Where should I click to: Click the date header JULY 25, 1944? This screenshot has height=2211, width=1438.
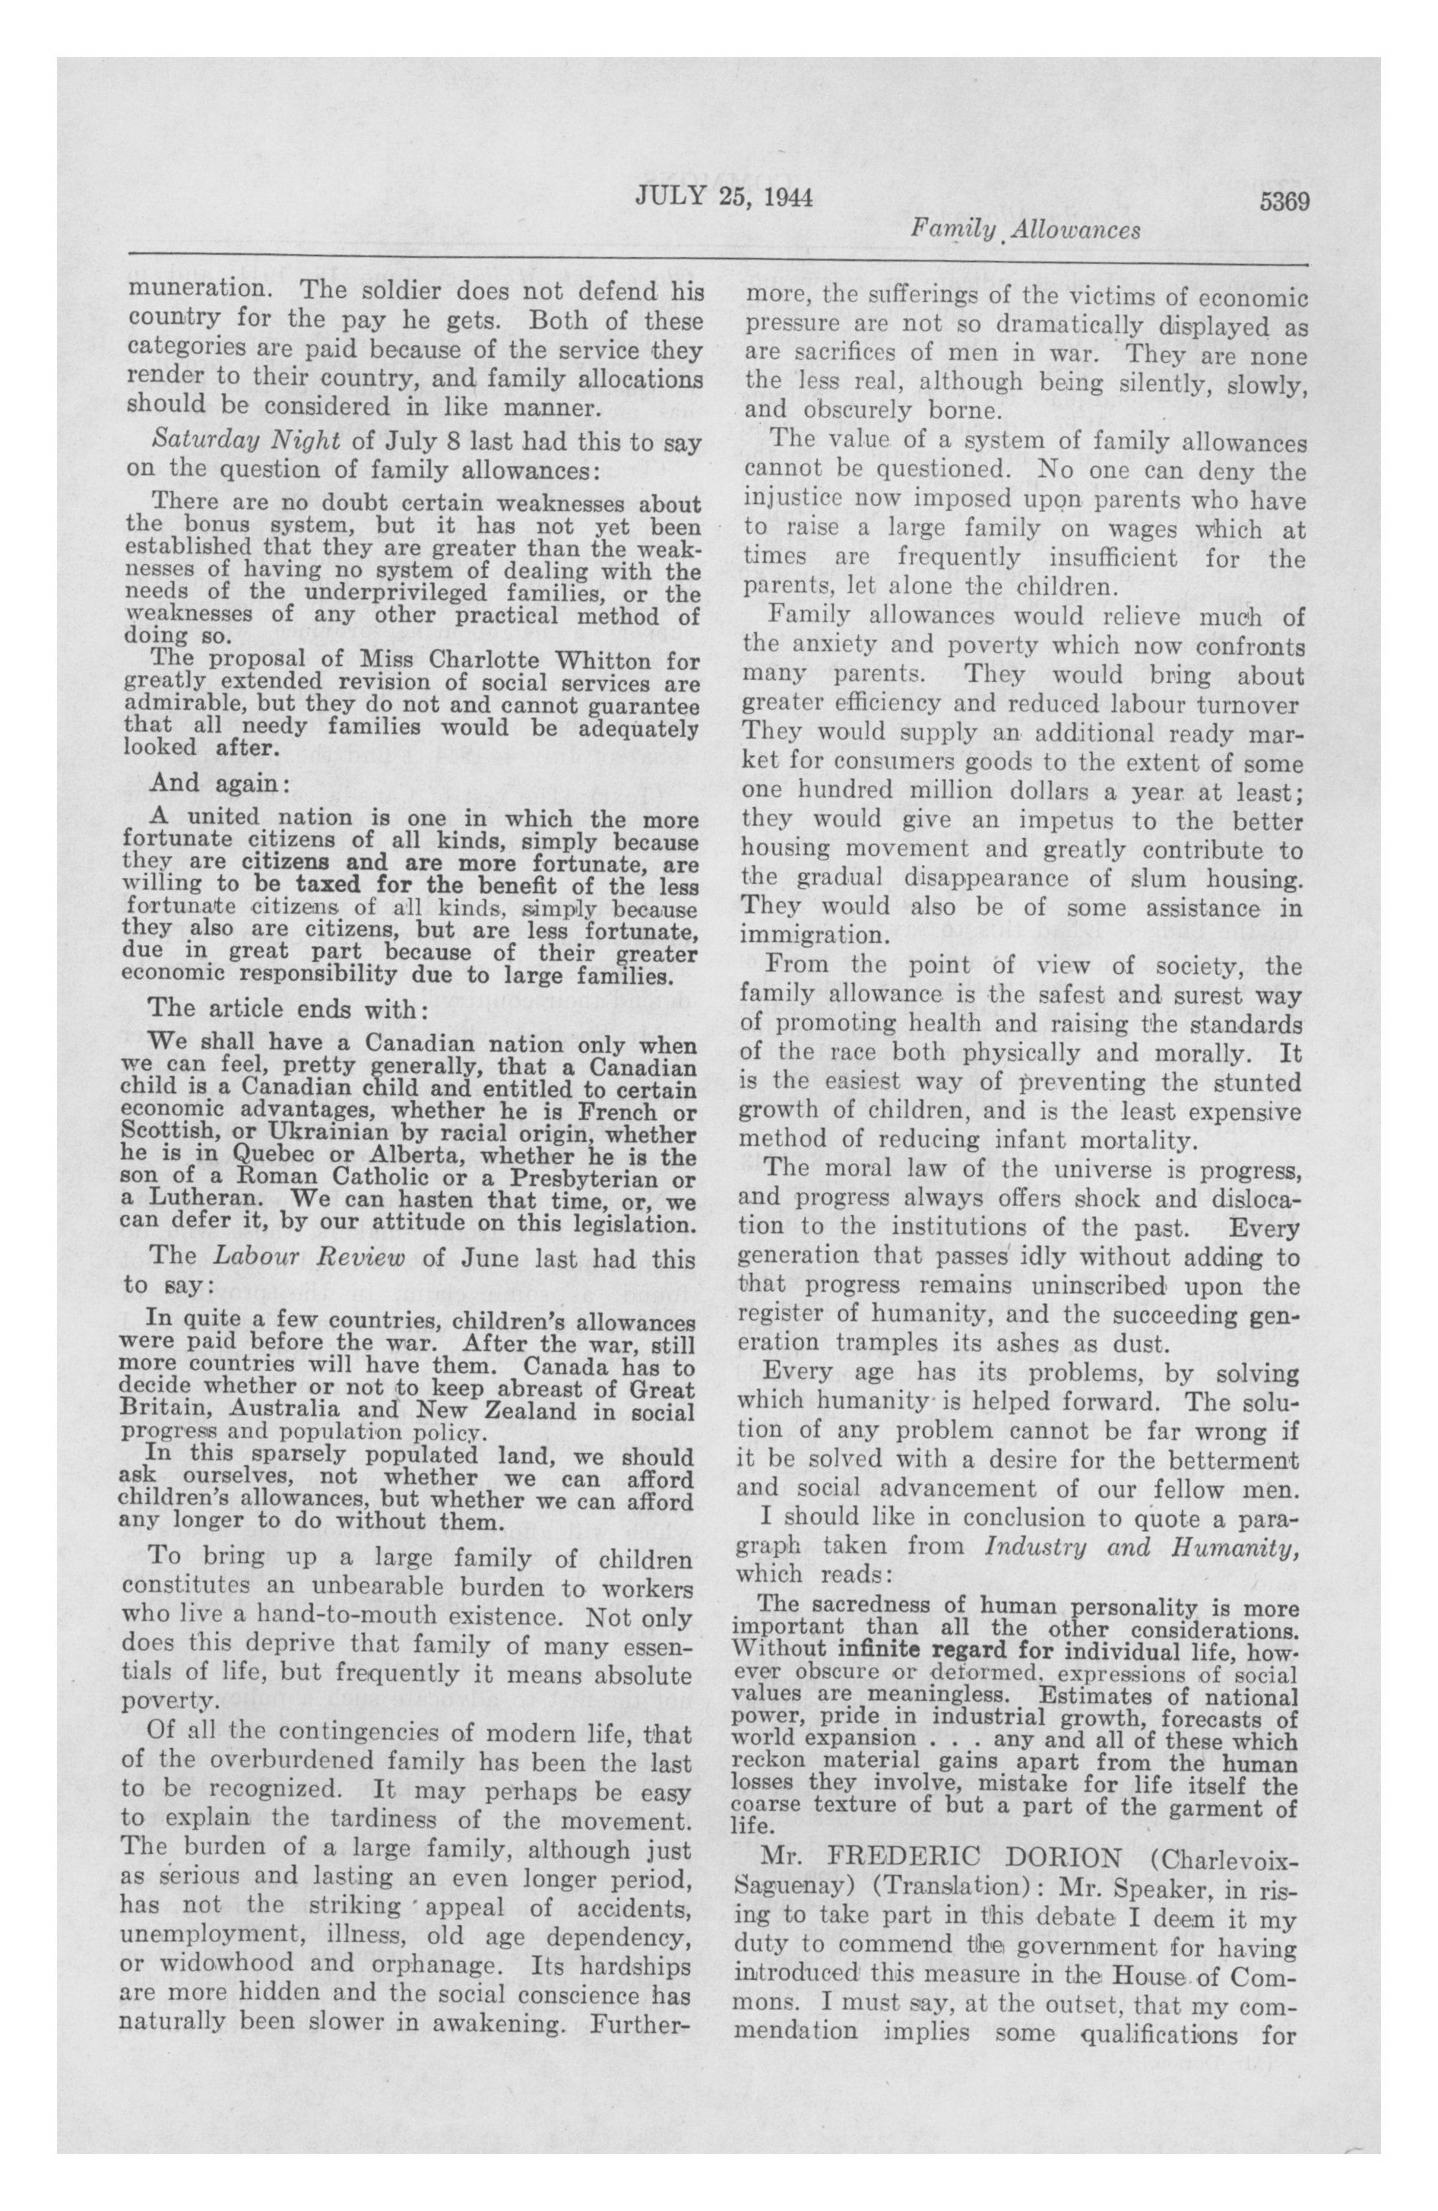point(724,197)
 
